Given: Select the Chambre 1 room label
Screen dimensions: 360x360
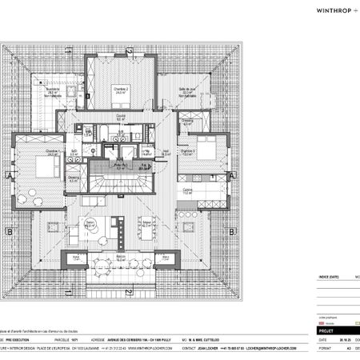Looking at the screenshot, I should tap(53, 152).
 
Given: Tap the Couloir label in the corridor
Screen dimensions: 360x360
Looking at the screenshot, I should tap(121, 115).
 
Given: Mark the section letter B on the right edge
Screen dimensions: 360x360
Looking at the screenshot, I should tap(233, 233).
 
